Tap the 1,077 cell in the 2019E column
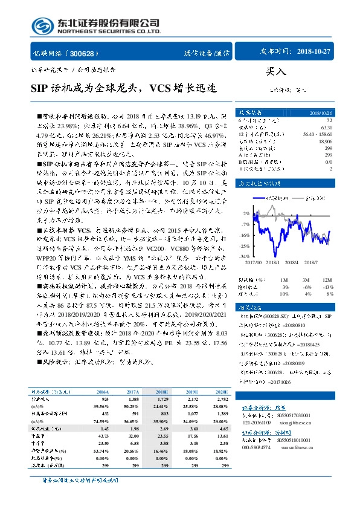193,412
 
